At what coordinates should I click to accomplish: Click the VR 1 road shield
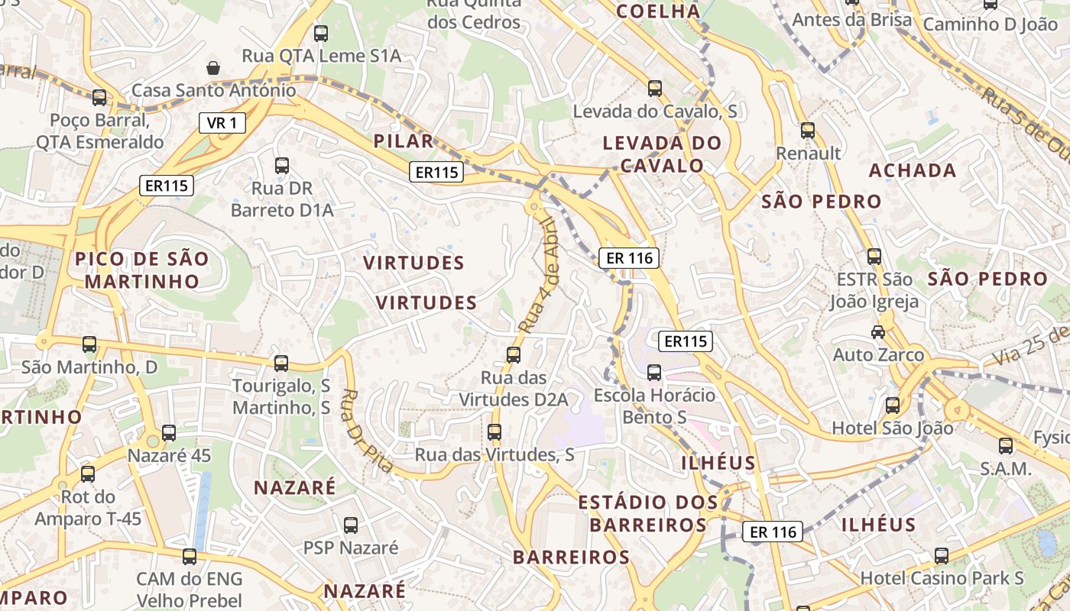click(x=222, y=122)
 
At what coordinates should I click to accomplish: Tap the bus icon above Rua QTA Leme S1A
click(x=321, y=34)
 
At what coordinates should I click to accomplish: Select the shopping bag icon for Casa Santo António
click(x=213, y=68)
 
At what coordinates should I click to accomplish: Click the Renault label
click(x=808, y=153)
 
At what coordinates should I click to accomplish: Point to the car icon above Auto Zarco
click(x=878, y=332)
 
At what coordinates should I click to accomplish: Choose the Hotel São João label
click(x=892, y=428)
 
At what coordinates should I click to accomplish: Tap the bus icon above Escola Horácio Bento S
click(x=654, y=373)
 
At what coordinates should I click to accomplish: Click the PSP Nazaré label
click(x=351, y=548)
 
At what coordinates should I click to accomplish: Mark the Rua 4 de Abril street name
click(x=537, y=275)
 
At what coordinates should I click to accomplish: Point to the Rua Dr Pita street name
click(x=366, y=431)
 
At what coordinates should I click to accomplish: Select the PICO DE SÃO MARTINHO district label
click(x=142, y=270)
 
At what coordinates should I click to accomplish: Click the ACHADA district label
click(x=913, y=170)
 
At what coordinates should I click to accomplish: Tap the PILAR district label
click(x=404, y=141)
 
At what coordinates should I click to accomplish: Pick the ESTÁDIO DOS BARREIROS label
click(x=648, y=513)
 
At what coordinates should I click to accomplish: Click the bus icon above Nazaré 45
click(x=169, y=433)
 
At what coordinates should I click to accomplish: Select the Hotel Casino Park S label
click(x=942, y=577)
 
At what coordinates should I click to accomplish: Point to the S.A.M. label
click(x=1006, y=468)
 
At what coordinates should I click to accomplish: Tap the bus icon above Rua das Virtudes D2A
click(x=514, y=355)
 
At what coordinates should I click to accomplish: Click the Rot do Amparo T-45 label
click(x=88, y=508)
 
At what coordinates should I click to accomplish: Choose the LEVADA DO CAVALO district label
click(x=662, y=154)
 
